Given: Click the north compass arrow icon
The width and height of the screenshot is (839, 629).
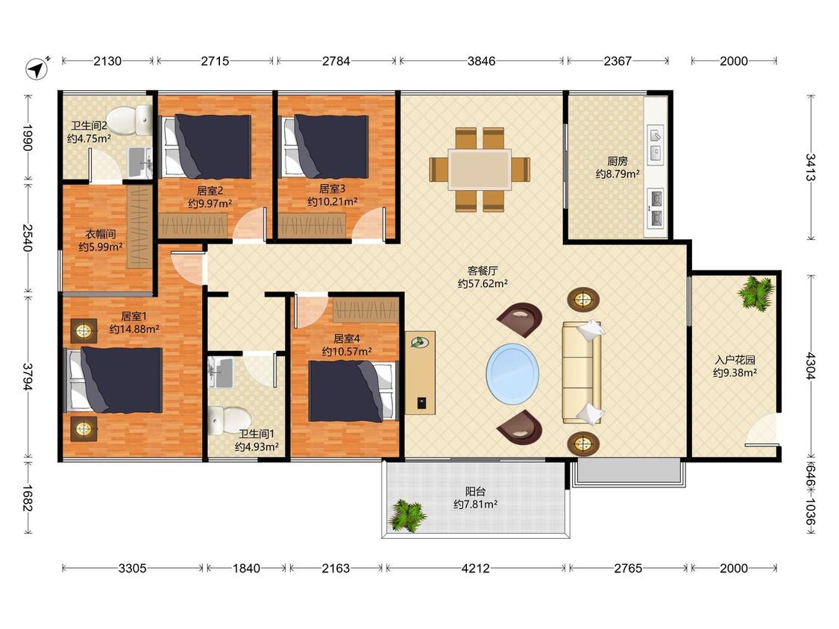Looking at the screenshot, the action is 37,69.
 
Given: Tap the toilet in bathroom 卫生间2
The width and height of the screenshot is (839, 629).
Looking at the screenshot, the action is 129,120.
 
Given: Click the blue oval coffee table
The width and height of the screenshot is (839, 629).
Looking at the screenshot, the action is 512,374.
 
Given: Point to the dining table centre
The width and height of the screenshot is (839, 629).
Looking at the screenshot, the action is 480,169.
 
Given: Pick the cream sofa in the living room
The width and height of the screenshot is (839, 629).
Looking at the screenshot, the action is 582,373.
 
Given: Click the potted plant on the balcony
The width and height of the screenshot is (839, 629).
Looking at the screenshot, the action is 408,516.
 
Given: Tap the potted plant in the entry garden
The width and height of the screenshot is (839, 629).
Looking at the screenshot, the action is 755,292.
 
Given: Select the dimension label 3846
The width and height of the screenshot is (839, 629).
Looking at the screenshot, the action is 481,61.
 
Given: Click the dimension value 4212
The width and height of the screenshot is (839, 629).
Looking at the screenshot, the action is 475,568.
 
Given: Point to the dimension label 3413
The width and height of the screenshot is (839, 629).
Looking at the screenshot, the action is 811,168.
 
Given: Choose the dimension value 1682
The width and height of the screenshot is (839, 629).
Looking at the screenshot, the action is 28,497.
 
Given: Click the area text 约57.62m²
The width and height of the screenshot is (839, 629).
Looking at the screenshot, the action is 483,283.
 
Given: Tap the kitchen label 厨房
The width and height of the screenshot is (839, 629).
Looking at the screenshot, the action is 618,160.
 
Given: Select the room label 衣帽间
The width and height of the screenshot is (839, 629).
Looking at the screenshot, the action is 101,234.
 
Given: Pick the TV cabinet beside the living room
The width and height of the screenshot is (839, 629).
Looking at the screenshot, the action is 420,373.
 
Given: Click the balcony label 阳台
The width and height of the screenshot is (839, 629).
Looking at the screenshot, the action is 475,491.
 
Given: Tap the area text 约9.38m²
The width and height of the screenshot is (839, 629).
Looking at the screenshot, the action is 735,373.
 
